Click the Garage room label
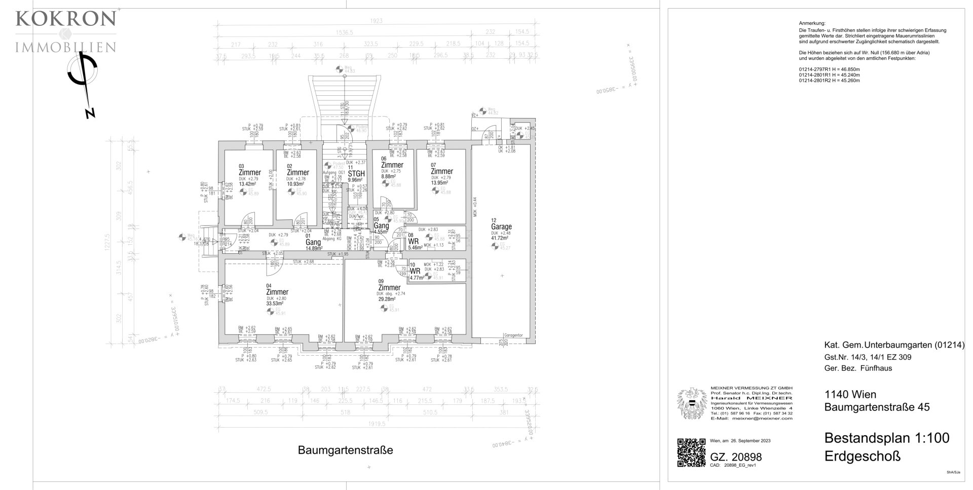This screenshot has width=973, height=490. pos(501,227)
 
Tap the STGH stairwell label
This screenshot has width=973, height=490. pos(356,173)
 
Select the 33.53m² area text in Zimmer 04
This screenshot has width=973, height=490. pos(276,304)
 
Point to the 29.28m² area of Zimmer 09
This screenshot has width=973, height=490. pos(388,299)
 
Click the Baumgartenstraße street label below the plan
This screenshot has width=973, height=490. pos(345,450)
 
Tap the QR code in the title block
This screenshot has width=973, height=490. pos(691,453)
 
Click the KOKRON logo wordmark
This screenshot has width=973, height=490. pos(66,19)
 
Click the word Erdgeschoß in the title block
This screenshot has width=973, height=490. pos(863,456)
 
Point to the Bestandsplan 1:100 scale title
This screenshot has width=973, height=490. pos(887,438)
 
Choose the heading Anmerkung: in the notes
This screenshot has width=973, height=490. pos(812,24)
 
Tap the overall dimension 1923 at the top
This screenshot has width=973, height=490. pos(376,21)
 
